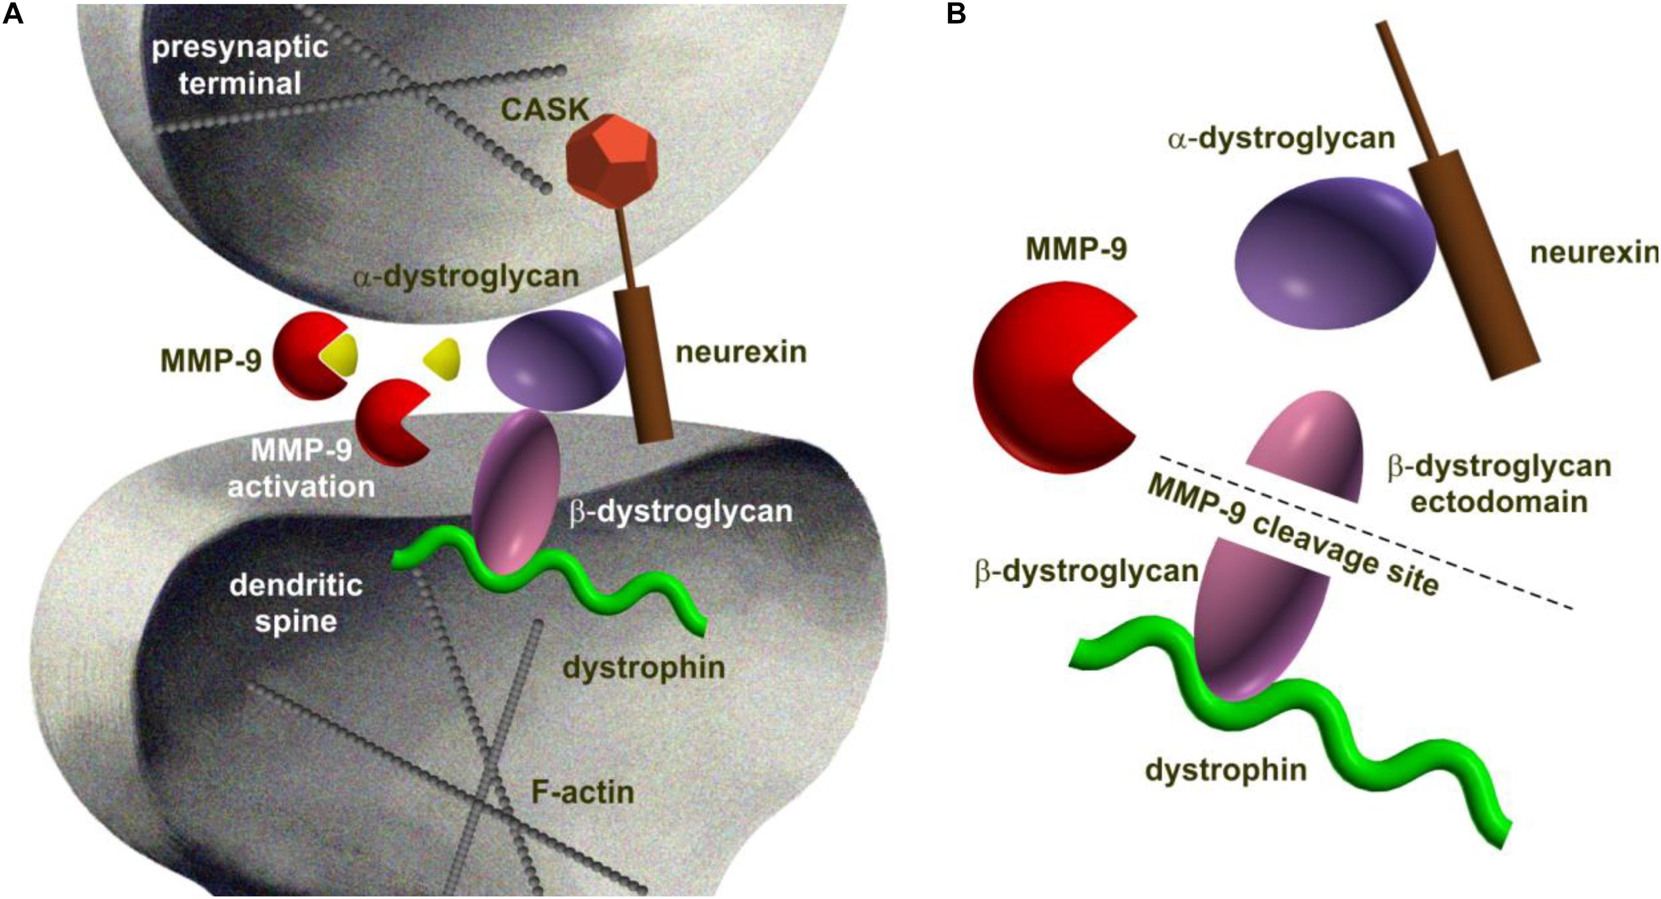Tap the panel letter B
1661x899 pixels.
coord(956,14)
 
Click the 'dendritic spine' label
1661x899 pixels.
coord(296,603)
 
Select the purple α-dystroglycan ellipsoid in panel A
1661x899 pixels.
coord(555,361)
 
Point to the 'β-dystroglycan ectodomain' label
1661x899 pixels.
coord(1498,484)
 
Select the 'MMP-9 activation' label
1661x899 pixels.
coord(301,468)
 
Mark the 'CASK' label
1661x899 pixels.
coord(545,110)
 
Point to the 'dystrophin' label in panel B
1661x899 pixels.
coord(1226,770)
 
